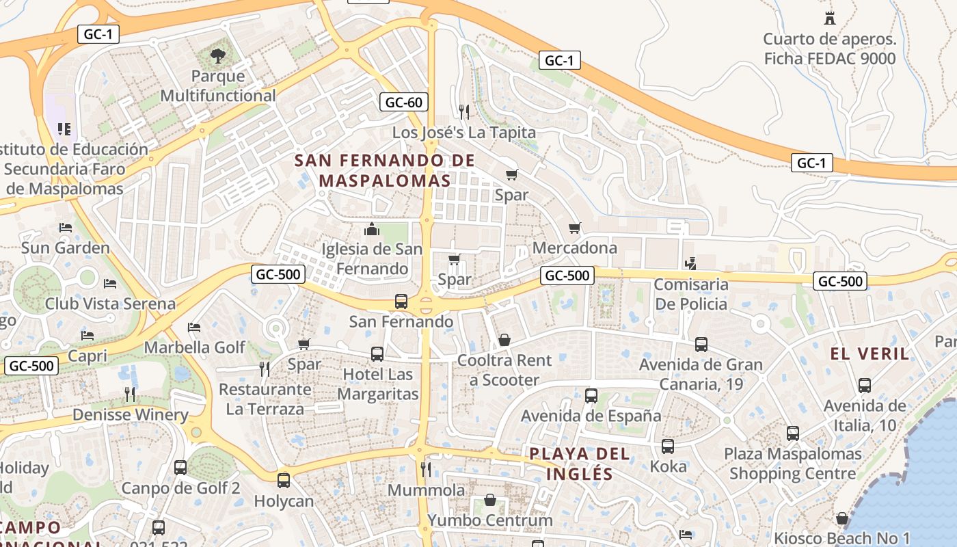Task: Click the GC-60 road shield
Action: coord(404,103)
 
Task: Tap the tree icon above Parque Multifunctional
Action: coord(218,56)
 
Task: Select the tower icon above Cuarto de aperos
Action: coord(830,18)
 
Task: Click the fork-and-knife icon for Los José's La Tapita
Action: coord(464,111)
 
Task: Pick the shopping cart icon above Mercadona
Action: coord(575,228)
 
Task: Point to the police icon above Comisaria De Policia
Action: coord(691,263)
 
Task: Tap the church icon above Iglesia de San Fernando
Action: coord(372,229)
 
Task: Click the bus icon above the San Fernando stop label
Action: coord(401,301)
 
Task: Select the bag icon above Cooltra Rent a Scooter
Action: coord(504,340)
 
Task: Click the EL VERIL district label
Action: coord(870,353)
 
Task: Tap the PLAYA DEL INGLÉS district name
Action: coord(580,464)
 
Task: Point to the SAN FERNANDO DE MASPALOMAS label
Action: coord(385,170)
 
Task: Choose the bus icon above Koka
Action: coord(668,446)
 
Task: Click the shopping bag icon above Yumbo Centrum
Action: coord(490,501)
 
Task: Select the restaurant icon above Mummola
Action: coord(426,469)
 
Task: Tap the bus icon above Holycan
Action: coord(284,481)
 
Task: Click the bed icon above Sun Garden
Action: coord(66,228)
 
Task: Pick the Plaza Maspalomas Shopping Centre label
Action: coord(793,463)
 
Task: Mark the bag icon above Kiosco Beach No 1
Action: coord(842,519)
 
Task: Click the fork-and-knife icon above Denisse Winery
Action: coord(130,394)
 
